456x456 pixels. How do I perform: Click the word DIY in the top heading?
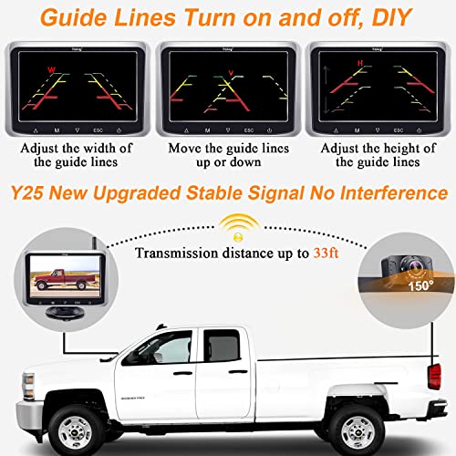click(x=368, y=17)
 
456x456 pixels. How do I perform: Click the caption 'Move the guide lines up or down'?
click(x=227, y=155)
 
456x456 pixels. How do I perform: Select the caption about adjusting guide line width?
click(x=77, y=155)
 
